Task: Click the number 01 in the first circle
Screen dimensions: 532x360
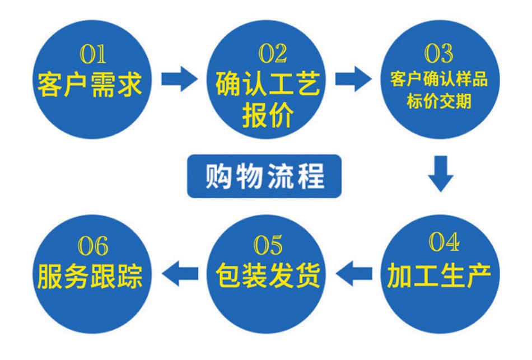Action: coord(92,54)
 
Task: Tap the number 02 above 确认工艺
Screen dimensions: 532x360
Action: coord(273,54)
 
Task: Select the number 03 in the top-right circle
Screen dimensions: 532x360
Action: coord(438,54)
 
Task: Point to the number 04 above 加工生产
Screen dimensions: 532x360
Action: coord(444,242)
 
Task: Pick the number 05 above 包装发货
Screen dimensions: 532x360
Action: coord(268,245)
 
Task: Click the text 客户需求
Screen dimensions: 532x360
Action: coord(90,84)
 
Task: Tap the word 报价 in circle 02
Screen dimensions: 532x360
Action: coord(268,115)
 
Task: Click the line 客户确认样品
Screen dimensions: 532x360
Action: coord(438,79)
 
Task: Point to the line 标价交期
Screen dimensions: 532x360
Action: coord(439,101)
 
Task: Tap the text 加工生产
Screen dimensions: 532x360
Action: coord(439,275)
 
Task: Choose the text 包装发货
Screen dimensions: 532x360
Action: coord(268,275)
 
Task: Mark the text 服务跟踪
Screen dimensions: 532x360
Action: coord(90,276)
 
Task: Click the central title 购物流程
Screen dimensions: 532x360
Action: coord(265,176)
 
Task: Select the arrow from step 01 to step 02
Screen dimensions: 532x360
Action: coord(179,79)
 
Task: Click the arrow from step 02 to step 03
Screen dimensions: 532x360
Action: coord(353,79)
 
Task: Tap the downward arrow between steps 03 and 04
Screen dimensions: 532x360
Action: coord(440,174)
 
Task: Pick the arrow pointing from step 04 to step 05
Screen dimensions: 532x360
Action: coord(353,273)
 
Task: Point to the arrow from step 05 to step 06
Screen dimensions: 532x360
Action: coord(180,273)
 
